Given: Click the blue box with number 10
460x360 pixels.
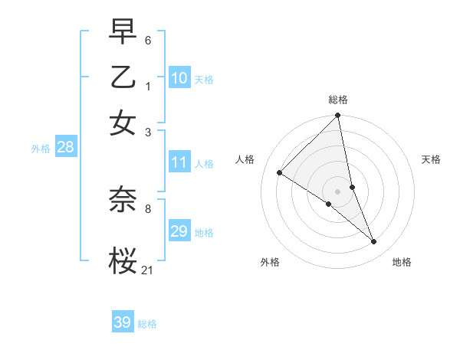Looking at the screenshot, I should pyautogui.click(x=179, y=78).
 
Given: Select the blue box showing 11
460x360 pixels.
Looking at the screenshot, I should pyautogui.click(x=179, y=162).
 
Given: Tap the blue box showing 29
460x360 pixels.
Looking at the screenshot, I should pyautogui.click(x=179, y=231).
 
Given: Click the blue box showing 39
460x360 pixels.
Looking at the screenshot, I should pyautogui.click(x=123, y=322).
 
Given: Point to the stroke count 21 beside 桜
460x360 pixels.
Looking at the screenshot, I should pyautogui.click(x=147, y=269).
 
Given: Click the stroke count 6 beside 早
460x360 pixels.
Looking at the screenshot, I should pyautogui.click(x=148, y=39).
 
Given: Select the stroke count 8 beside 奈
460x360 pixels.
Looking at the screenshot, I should pyautogui.click(x=148, y=208).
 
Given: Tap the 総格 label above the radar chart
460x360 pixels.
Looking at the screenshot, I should pyautogui.click(x=338, y=100).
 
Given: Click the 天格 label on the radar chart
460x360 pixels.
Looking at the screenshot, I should pyautogui.click(x=431, y=159).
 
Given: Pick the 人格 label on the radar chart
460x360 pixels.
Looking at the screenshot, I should pyautogui.click(x=245, y=159).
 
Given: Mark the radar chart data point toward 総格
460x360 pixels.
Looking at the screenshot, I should pyautogui.click(x=338, y=116).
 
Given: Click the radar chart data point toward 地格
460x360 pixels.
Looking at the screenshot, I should pyautogui.click(x=374, y=241).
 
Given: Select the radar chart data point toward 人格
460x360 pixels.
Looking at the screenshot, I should pyautogui.click(x=280, y=173).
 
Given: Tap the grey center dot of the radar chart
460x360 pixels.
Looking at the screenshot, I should pyautogui.click(x=338, y=191).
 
